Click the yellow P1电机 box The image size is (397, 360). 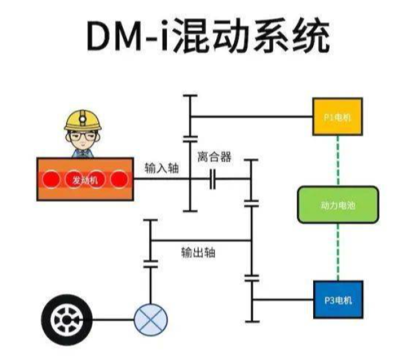(x=338, y=117)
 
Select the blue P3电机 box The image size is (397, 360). (x=338, y=299)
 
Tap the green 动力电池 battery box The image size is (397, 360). (x=338, y=206)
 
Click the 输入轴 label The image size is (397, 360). (x=161, y=168)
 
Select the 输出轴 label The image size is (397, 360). (x=198, y=252)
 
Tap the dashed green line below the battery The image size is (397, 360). (x=338, y=252)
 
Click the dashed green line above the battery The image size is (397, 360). (x=338, y=161)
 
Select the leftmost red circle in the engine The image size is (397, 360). (x=50, y=180)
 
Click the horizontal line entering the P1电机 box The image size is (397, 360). (x=252, y=117)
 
